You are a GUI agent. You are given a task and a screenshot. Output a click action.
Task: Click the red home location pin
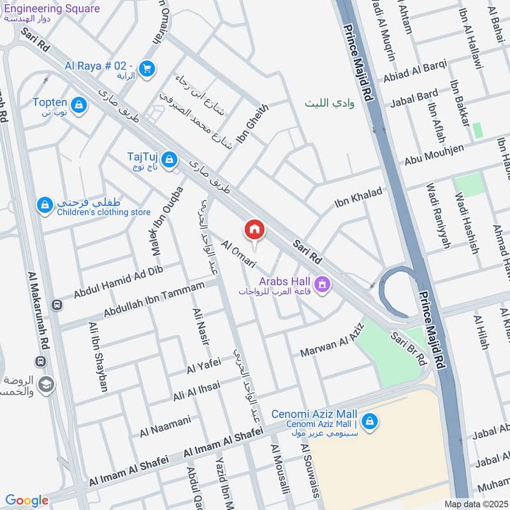coord(254,229)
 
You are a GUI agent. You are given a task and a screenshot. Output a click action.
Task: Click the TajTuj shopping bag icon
coord(170,159)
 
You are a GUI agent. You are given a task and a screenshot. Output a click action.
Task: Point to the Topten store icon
coord(79,105)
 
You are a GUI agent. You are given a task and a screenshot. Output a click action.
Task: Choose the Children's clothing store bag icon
coord(45,205)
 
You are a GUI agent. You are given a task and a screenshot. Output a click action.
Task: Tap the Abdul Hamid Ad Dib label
coord(119,282)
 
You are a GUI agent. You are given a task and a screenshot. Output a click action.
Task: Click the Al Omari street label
coord(238,253)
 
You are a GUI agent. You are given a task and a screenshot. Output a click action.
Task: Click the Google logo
coord(27,500)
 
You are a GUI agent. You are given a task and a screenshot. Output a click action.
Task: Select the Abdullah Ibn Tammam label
coord(159,301)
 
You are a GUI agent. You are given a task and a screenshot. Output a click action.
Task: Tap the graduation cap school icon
coord(46,384)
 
